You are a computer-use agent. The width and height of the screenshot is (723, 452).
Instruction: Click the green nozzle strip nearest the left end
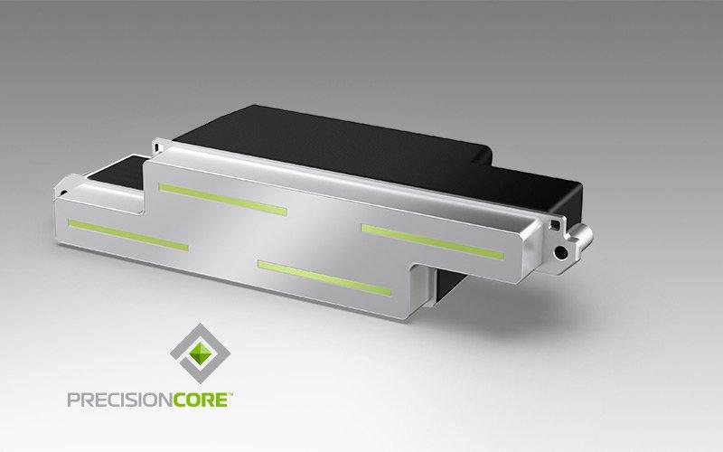[x=128, y=235]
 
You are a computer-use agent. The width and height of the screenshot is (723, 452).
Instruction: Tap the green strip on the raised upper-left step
[x=222, y=199]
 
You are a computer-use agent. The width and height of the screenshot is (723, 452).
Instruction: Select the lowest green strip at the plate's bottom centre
[x=324, y=278]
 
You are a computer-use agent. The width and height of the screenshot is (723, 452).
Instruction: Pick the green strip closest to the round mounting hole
[x=433, y=242]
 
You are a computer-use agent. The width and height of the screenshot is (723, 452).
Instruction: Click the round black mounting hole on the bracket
[x=561, y=252]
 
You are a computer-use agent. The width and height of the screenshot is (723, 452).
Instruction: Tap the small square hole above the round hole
[x=555, y=225]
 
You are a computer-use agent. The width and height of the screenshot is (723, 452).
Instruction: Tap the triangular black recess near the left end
[x=116, y=168]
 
